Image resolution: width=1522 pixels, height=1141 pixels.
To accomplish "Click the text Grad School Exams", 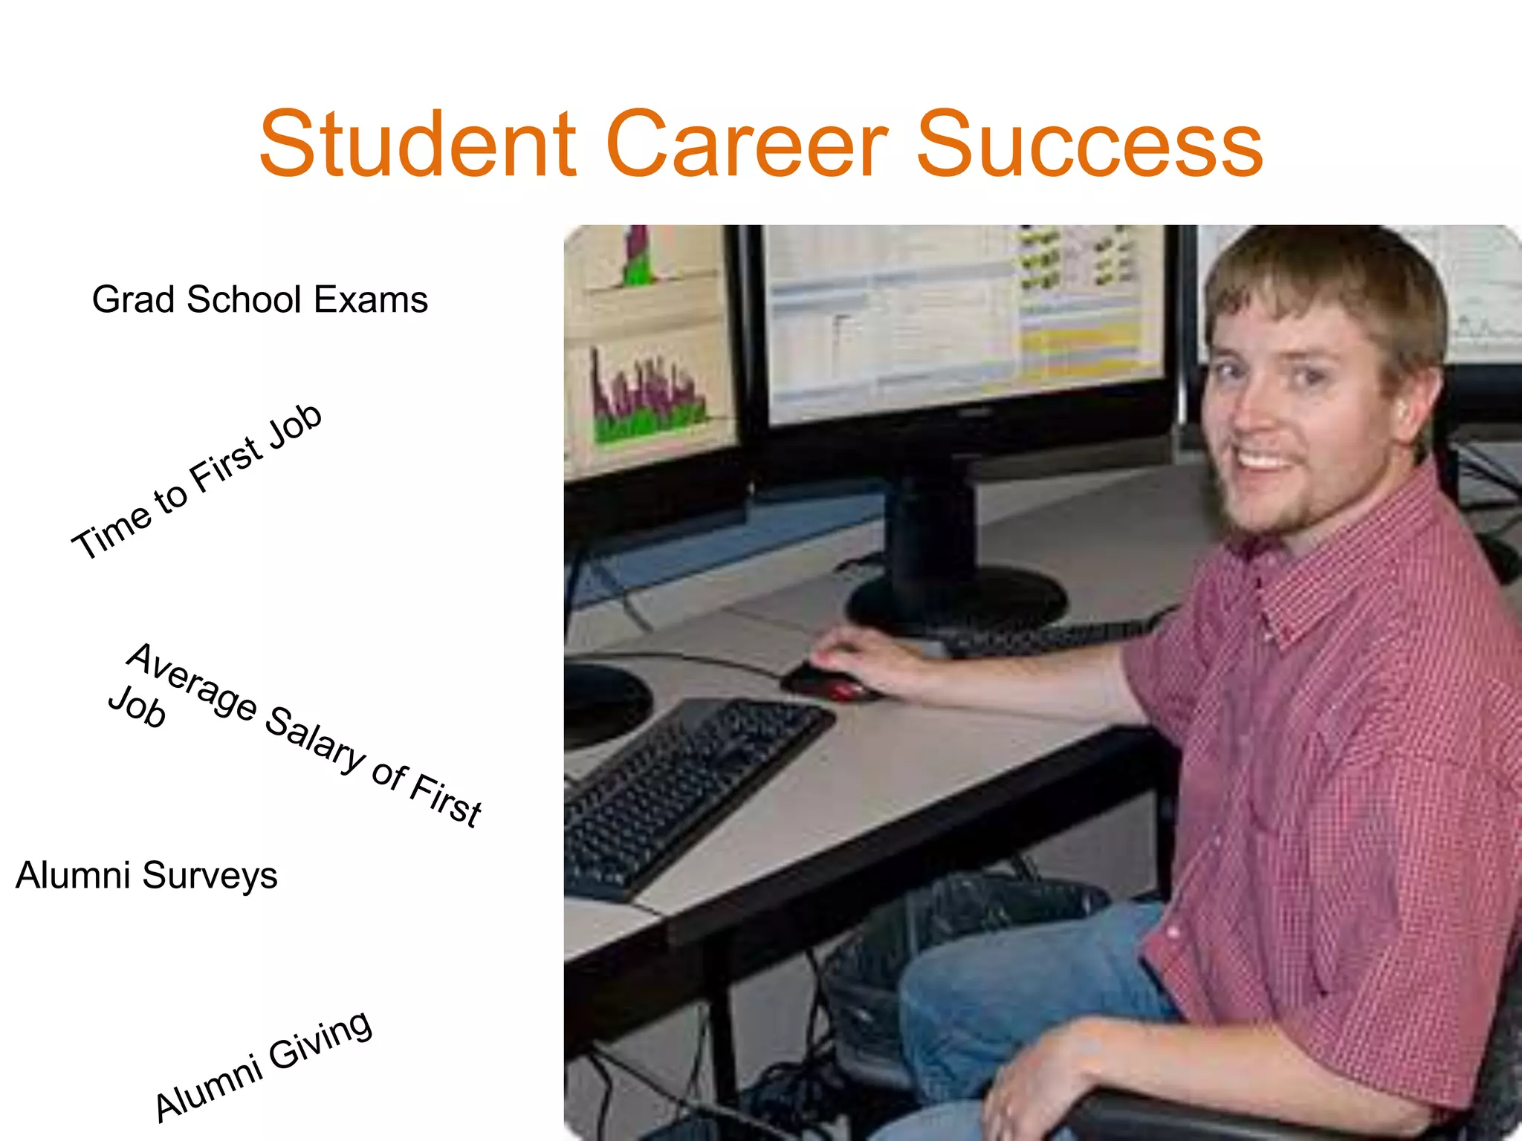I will click(259, 299).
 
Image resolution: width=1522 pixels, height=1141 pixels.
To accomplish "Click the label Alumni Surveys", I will click(146, 875).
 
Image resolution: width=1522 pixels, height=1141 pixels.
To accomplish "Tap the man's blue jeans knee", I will click(966, 988).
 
